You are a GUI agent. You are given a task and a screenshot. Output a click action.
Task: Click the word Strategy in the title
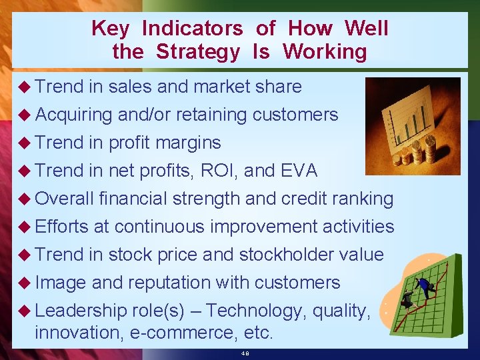[x=197, y=52]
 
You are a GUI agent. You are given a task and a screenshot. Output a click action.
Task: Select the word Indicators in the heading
[x=193, y=28]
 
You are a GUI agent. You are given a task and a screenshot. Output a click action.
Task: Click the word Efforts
[x=61, y=227]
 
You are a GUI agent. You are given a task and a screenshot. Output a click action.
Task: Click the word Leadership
[x=80, y=311]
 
